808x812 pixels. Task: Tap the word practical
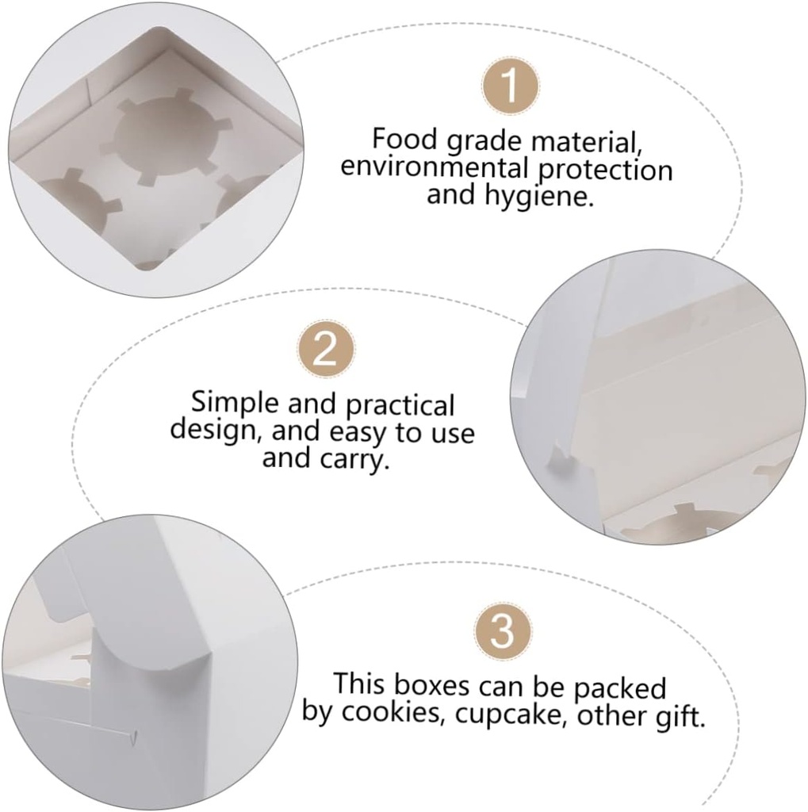[400, 404]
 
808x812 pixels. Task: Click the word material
[587, 141]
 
